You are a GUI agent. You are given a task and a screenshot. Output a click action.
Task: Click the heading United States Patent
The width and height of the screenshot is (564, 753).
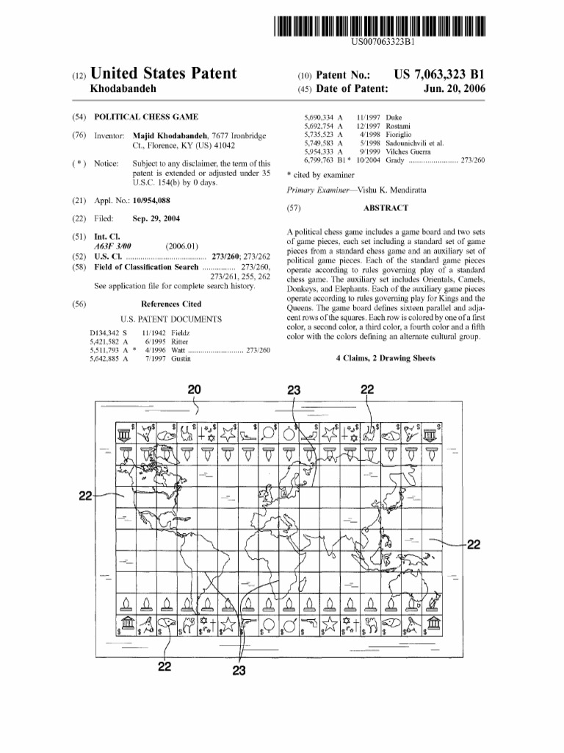pyautogui.click(x=163, y=74)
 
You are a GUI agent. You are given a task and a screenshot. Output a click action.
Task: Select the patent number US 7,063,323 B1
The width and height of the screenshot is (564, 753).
pyautogui.click(x=440, y=74)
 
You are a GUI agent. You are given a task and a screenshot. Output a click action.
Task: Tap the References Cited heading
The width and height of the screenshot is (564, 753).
pyautogui.click(x=170, y=303)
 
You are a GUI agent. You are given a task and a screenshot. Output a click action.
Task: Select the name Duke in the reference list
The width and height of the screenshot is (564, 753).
pyautogui.click(x=394, y=118)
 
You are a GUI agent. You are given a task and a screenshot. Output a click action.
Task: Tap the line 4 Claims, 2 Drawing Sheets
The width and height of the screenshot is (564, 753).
pyautogui.click(x=385, y=358)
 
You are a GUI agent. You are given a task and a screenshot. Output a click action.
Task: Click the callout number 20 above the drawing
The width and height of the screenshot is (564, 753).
pyautogui.click(x=195, y=389)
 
